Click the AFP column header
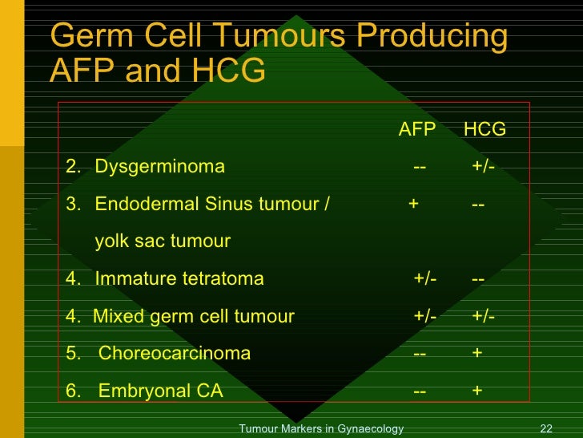coord(416,130)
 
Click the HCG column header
coord(484,130)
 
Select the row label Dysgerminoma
coord(159,167)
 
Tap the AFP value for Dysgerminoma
coord(420,167)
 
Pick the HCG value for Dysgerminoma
coord(483,167)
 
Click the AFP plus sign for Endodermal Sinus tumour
coord(413,204)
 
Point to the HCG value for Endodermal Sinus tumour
coord(478,204)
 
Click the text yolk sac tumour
coord(163,241)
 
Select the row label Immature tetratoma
coord(179,279)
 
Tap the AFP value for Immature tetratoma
coord(425,279)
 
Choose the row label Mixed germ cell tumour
coord(194,316)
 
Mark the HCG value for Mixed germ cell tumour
coord(483,316)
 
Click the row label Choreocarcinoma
coord(175,354)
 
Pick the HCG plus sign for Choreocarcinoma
coord(477,354)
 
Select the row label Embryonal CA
coord(160,391)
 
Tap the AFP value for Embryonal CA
coord(420,391)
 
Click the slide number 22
coord(548,429)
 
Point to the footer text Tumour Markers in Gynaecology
coord(321,429)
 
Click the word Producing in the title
coord(432,37)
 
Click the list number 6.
coord(72,391)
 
